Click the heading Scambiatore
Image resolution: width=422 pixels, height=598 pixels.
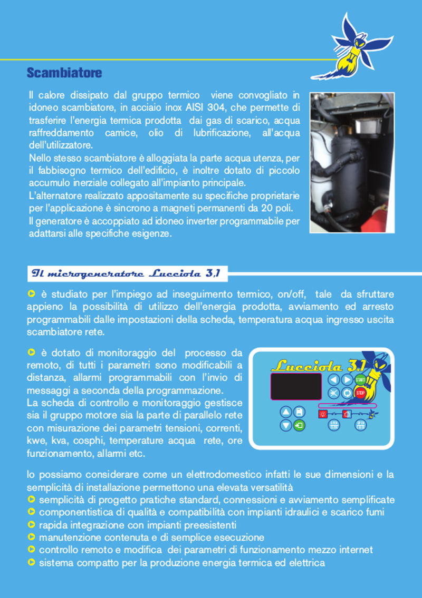pyautogui.click(x=64, y=73)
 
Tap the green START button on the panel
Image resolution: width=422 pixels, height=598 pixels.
pyautogui.click(x=360, y=380)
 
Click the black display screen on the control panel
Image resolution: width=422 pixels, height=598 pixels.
pyautogui.click(x=296, y=386)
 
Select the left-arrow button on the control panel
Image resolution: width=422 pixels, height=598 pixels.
pyautogui.click(x=334, y=380)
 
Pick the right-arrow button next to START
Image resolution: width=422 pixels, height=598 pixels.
pyautogui.click(x=347, y=380)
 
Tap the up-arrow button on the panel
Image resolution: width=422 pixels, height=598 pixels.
pyautogui.click(x=286, y=412)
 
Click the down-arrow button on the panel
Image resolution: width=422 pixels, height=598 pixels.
pyautogui.click(x=286, y=425)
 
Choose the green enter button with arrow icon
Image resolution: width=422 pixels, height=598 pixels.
pyautogui.click(x=299, y=425)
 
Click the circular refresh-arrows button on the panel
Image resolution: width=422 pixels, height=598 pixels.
pyautogui.click(x=347, y=393)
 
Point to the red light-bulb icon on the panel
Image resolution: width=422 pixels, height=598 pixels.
pyautogui.click(x=323, y=414)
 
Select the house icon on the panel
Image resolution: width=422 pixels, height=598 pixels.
pyautogui.click(x=347, y=414)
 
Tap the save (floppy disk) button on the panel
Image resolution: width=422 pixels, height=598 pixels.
pyautogui.click(x=299, y=412)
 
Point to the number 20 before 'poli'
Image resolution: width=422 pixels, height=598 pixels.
pyautogui.click(x=266, y=208)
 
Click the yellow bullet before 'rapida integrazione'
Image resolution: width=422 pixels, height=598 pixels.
pyautogui.click(x=31, y=525)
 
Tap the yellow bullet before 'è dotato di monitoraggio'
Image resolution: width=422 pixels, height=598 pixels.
pyautogui.click(x=31, y=352)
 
